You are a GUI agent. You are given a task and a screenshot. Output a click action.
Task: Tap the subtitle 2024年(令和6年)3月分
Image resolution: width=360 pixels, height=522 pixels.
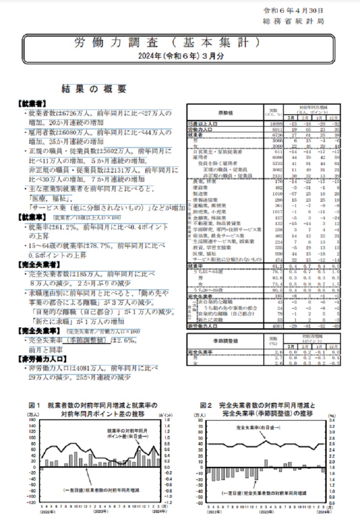[x=168, y=55]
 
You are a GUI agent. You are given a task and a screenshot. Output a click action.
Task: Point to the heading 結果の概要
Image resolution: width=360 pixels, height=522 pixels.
[x=94, y=89]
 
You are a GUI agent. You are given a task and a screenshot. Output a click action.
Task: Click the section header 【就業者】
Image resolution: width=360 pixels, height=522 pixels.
[x=31, y=103]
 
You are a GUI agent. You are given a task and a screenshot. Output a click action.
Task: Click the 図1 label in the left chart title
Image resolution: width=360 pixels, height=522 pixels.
[x=35, y=405]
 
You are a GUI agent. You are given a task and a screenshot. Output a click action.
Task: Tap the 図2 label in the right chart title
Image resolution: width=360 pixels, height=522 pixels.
[x=206, y=405]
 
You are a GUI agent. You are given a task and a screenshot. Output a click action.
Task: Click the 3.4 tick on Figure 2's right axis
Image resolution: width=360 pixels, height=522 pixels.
[x=331, y=420]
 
